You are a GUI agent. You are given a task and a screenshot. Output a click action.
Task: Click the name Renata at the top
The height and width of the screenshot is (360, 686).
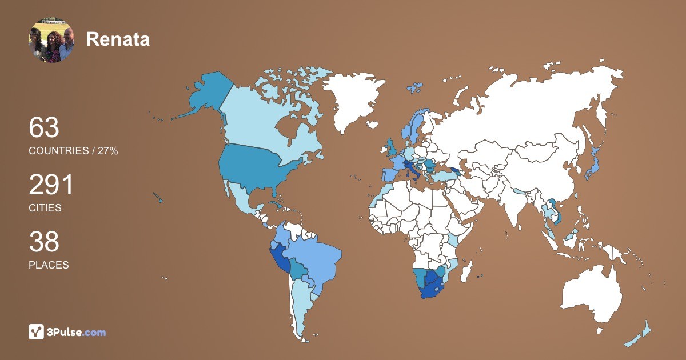click(x=118, y=39)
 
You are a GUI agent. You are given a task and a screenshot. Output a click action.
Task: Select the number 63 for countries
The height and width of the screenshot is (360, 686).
click(x=44, y=127)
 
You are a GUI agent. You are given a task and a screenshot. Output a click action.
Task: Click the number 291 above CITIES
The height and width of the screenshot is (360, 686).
click(x=51, y=185)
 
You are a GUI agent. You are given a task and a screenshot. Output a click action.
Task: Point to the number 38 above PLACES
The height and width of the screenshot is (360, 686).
click(x=44, y=242)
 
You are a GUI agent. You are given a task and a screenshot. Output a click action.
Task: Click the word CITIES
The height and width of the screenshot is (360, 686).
click(x=45, y=208)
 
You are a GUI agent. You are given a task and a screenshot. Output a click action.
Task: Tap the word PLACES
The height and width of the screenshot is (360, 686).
click(x=49, y=265)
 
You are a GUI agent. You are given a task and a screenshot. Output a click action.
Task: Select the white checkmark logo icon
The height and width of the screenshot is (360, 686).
click(x=37, y=332)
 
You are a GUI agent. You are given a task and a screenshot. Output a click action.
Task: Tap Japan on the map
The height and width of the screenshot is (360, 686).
click(x=595, y=166)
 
